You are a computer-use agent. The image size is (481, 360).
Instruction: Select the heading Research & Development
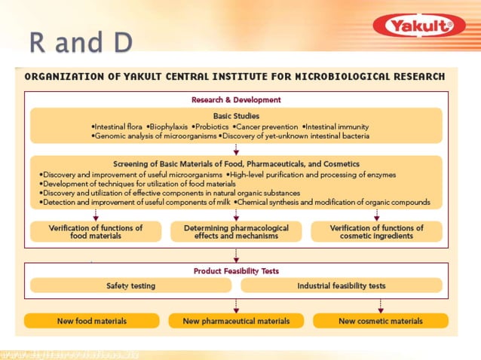(x=236, y=99)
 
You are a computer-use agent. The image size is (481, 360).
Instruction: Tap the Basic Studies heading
(x=236, y=116)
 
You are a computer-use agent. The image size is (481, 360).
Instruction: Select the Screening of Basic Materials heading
(x=236, y=163)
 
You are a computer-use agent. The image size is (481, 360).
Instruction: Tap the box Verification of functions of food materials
(x=96, y=232)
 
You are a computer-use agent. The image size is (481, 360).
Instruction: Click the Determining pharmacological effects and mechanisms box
(x=236, y=232)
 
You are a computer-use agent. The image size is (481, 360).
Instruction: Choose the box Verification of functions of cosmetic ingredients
(x=376, y=232)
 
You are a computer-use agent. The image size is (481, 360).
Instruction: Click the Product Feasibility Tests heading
(x=236, y=271)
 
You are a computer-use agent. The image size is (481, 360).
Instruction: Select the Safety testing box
(x=131, y=286)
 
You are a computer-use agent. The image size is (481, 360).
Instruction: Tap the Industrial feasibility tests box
(x=342, y=286)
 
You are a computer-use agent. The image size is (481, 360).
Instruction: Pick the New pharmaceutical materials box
(x=236, y=321)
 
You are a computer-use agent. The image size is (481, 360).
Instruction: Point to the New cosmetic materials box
(x=380, y=321)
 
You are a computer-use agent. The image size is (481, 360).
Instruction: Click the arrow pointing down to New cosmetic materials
(x=380, y=305)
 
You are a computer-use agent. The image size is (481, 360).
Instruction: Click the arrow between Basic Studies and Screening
(x=236, y=148)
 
